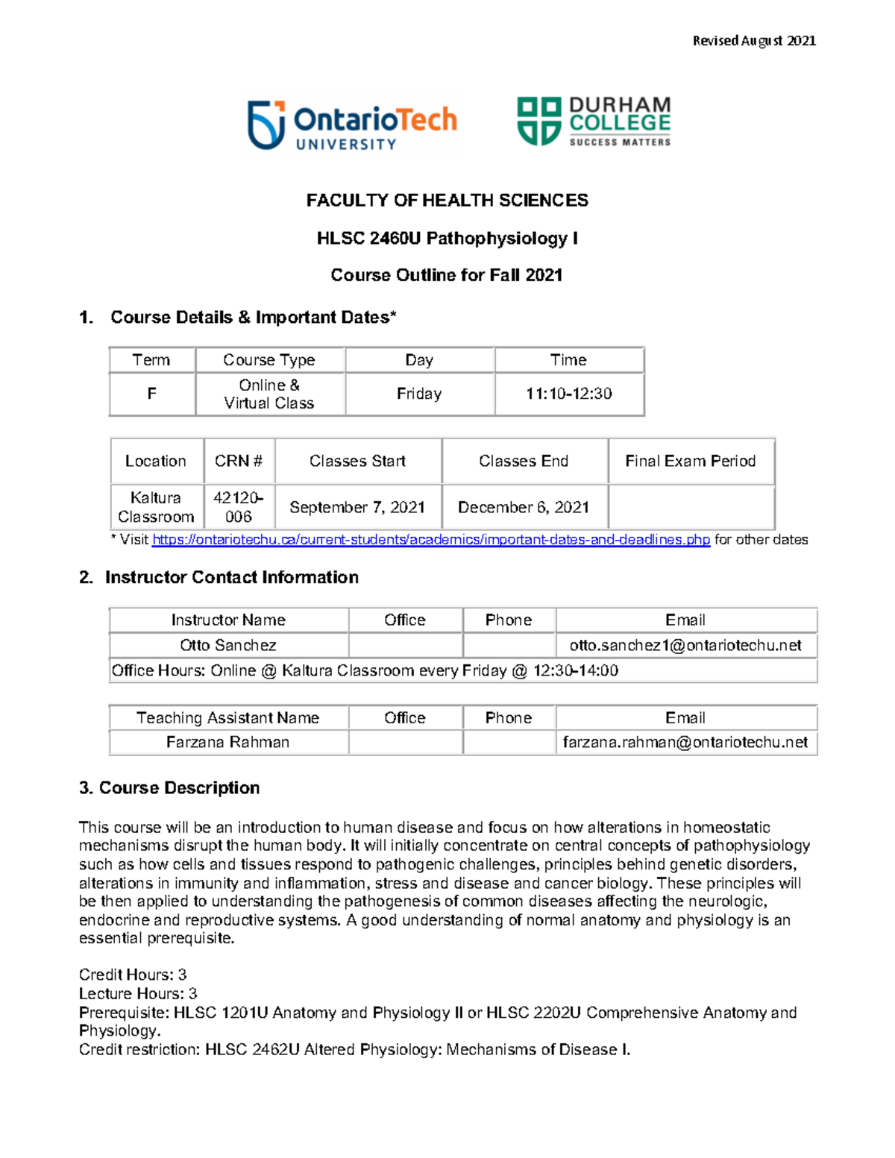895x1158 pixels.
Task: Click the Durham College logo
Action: click(594, 121)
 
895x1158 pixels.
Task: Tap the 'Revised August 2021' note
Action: click(754, 41)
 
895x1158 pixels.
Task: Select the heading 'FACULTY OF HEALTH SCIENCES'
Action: click(447, 201)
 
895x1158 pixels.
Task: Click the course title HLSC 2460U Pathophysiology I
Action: click(447, 239)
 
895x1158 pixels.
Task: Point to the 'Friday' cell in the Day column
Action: click(419, 394)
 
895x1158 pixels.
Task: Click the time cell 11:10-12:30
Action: click(568, 394)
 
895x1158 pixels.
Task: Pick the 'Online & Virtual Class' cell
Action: click(269, 394)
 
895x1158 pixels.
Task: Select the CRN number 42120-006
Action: click(238, 507)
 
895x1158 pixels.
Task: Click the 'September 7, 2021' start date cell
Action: click(357, 507)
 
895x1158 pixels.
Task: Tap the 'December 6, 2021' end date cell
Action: click(524, 507)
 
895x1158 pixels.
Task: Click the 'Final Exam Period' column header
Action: click(690, 462)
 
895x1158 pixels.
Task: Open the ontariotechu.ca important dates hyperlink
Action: click(430, 540)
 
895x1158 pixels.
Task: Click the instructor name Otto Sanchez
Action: click(227, 645)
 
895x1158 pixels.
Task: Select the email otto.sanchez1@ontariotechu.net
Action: click(685, 645)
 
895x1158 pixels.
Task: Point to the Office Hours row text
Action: click(365, 670)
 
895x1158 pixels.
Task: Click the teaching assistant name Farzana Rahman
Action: click(227, 743)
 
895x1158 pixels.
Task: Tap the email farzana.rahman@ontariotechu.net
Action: click(685, 743)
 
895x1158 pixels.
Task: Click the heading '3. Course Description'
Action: click(169, 788)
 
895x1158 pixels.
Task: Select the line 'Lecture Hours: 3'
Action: click(138, 994)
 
